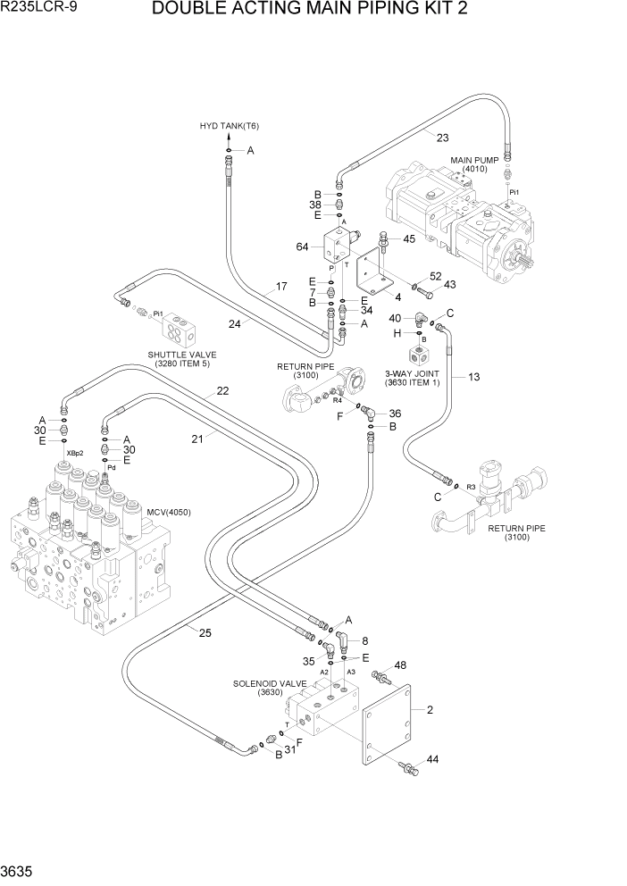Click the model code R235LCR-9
click(x=38, y=10)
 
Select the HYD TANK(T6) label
click(x=229, y=125)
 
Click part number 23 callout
click(x=443, y=137)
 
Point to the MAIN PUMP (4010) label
click(x=474, y=164)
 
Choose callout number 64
click(x=302, y=247)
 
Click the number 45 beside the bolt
click(x=409, y=238)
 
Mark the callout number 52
click(x=436, y=276)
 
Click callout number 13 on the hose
click(x=473, y=377)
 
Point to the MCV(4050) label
click(x=168, y=512)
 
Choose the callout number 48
click(x=400, y=664)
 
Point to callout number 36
click(x=395, y=413)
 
